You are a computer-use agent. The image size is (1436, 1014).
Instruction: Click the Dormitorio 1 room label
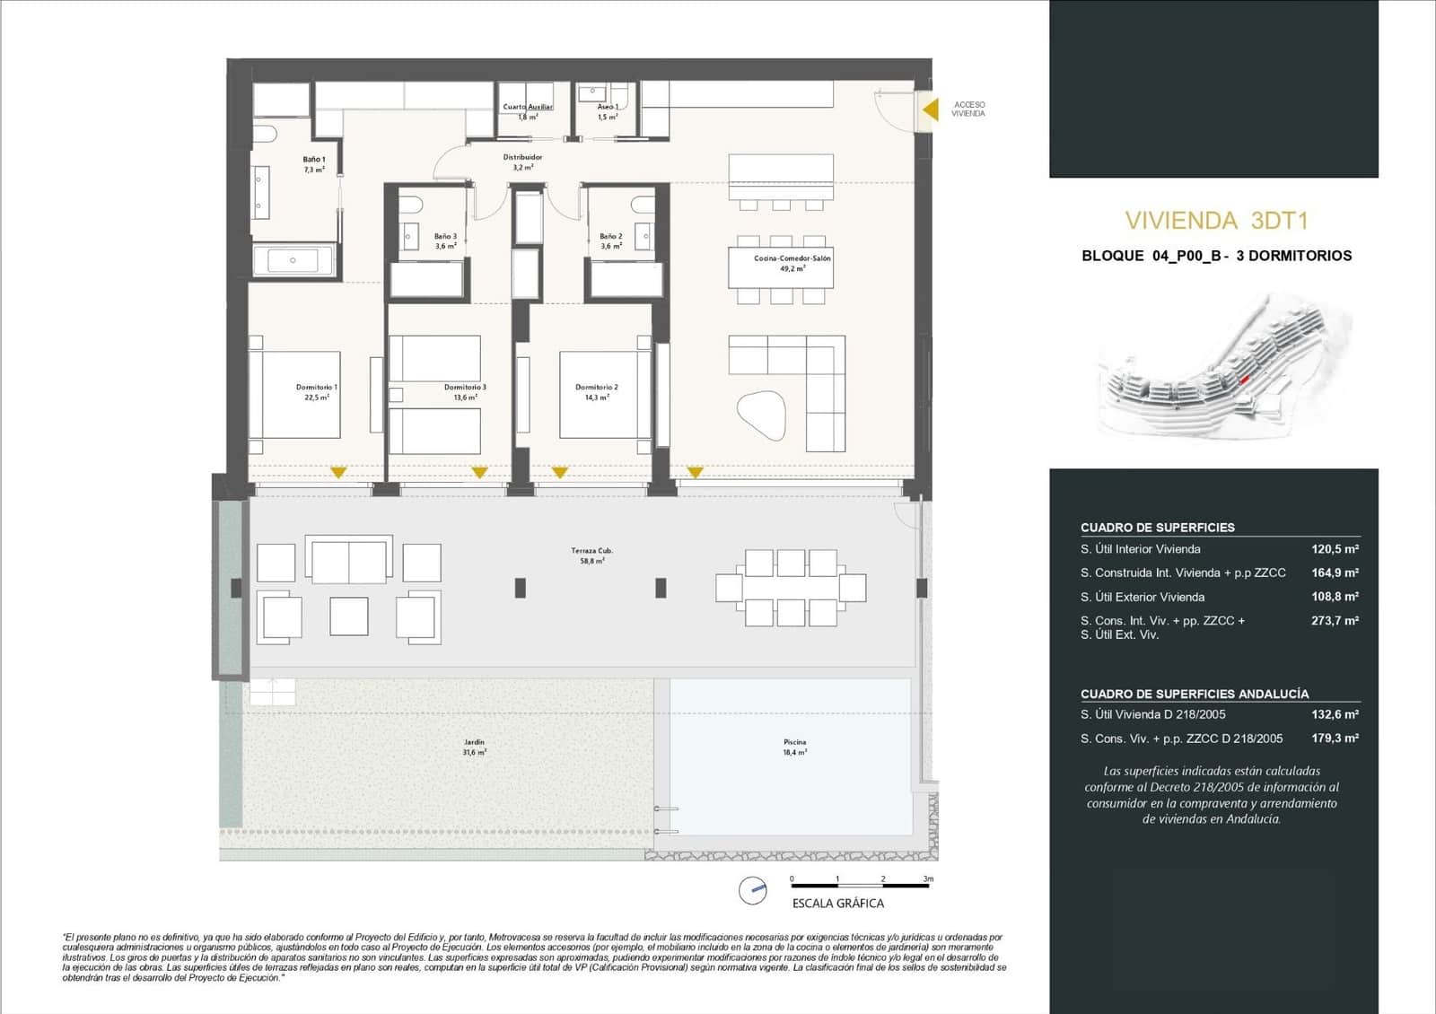click(317, 392)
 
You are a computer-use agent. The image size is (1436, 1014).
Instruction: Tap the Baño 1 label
click(314, 164)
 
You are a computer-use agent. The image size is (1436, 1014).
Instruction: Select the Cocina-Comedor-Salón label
click(792, 263)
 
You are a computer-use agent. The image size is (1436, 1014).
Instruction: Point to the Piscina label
click(794, 747)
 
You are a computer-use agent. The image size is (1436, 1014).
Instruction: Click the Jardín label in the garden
click(474, 747)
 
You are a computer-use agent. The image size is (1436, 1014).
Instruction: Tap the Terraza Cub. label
click(592, 555)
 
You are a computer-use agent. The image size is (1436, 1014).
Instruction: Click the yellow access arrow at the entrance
click(932, 109)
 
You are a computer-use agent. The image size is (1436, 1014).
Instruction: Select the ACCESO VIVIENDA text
click(968, 109)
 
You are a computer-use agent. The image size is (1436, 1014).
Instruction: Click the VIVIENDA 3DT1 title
click(1216, 221)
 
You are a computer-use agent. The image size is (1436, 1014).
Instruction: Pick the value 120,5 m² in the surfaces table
click(1335, 549)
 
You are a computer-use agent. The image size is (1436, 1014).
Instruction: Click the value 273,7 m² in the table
click(1335, 620)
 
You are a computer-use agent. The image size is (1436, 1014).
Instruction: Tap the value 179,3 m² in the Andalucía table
click(1335, 739)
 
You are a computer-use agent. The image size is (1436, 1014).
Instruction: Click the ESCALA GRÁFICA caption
click(837, 904)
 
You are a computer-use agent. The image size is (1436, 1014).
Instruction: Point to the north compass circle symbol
click(753, 890)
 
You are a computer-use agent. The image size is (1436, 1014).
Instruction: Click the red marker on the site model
click(1244, 380)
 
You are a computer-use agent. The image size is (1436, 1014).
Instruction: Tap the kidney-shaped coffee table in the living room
click(761, 415)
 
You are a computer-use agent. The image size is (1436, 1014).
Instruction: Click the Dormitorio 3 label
click(465, 392)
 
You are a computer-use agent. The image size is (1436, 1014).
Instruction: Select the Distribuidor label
click(522, 162)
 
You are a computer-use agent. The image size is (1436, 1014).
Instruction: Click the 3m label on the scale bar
click(928, 879)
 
